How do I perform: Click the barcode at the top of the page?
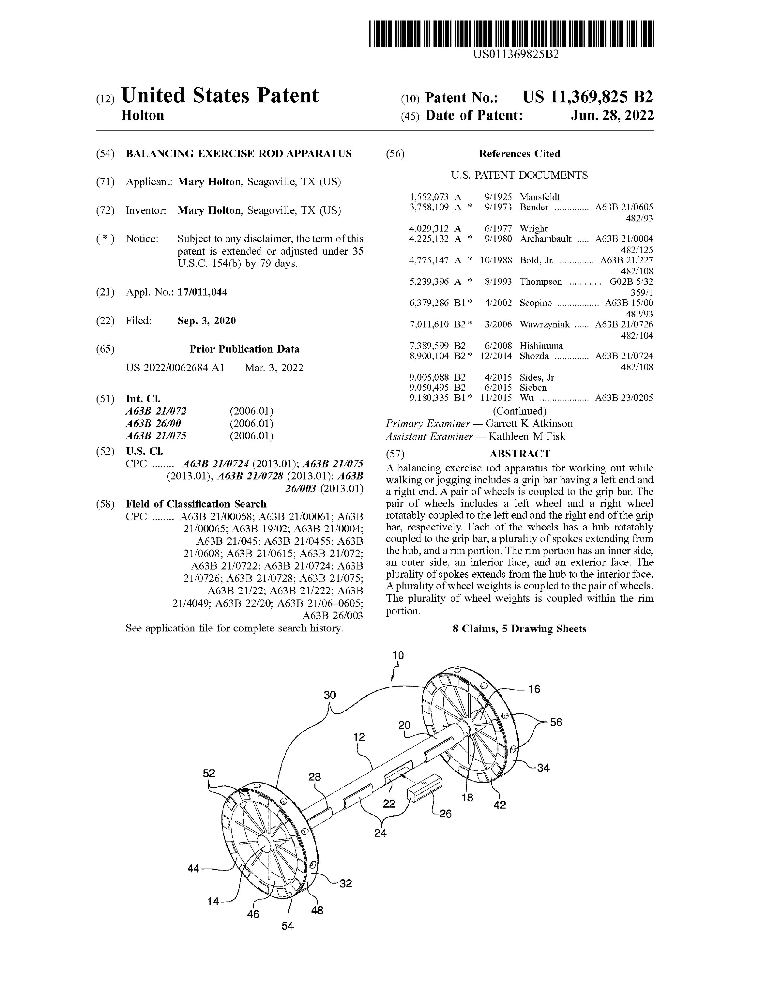coord(511,34)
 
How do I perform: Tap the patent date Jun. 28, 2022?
coord(612,116)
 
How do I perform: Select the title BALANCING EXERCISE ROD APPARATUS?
coord(239,154)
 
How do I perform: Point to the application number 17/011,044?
coord(202,292)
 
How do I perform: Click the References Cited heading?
coord(519,154)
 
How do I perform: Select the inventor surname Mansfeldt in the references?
coord(539,197)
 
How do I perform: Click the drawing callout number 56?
coord(556,722)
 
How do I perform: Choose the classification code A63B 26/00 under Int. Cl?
coord(153,423)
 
